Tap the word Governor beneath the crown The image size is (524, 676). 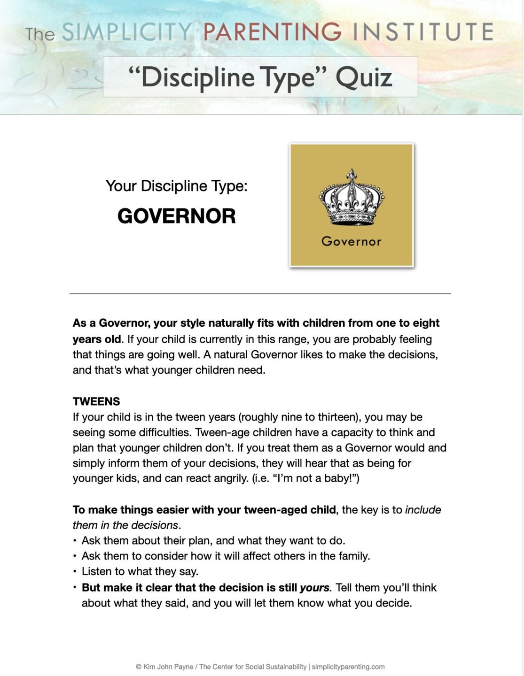352,241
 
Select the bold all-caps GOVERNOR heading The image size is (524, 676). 176,216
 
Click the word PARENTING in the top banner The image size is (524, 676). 272,32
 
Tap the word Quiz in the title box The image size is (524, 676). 364,77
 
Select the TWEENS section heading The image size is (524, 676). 96,401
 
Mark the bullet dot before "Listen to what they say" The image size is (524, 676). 75,571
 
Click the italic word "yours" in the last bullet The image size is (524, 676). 315,587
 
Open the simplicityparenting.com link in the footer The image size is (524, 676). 348,667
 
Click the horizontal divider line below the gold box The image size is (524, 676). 260,293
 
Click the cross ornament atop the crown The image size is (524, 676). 352,173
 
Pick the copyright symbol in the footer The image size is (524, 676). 139,667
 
